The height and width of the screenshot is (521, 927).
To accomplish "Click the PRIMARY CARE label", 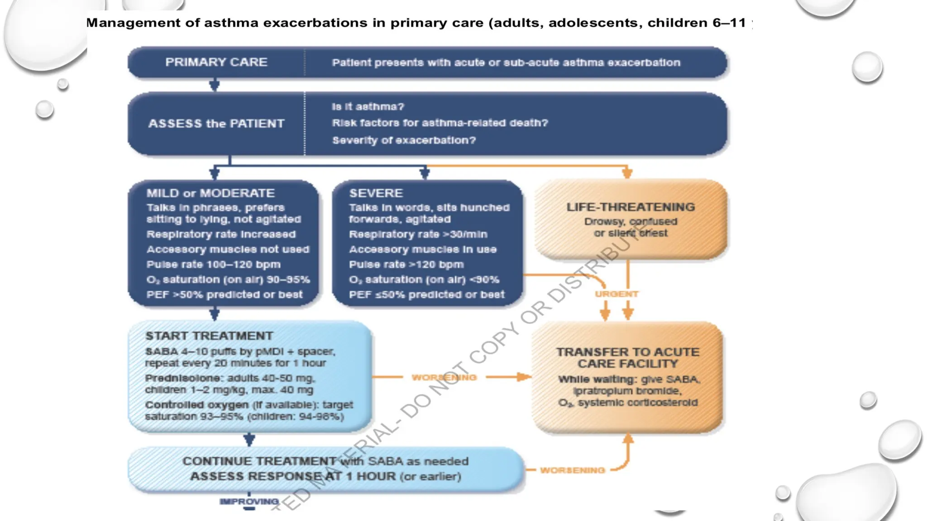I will [216, 62].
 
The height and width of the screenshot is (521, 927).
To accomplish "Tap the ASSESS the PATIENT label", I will [216, 123].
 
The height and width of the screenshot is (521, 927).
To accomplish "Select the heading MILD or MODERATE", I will [210, 193].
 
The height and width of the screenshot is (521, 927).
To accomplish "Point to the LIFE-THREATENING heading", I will [631, 207].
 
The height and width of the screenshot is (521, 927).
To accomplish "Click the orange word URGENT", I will [616, 294].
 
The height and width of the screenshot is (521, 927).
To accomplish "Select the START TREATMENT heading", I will [209, 336].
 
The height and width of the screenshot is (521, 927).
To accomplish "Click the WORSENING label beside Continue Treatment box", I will [572, 470].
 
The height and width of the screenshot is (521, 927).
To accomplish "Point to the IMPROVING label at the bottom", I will [249, 502].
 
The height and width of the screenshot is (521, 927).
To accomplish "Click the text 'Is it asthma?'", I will [368, 107].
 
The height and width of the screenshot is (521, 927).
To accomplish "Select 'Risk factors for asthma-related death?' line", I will [440, 123].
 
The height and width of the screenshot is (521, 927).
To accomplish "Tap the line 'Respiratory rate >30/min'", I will [418, 234].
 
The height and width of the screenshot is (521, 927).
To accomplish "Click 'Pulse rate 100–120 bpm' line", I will [213, 265].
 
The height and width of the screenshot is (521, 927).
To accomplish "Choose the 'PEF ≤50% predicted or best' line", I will [426, 295].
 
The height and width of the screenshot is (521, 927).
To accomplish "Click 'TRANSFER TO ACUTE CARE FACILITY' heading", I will [627, 358].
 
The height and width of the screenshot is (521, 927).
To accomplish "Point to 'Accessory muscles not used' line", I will [228, 250].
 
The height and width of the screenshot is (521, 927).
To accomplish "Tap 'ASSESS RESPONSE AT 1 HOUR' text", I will [293, 476].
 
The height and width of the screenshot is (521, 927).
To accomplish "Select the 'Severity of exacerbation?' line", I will [404, 140].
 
